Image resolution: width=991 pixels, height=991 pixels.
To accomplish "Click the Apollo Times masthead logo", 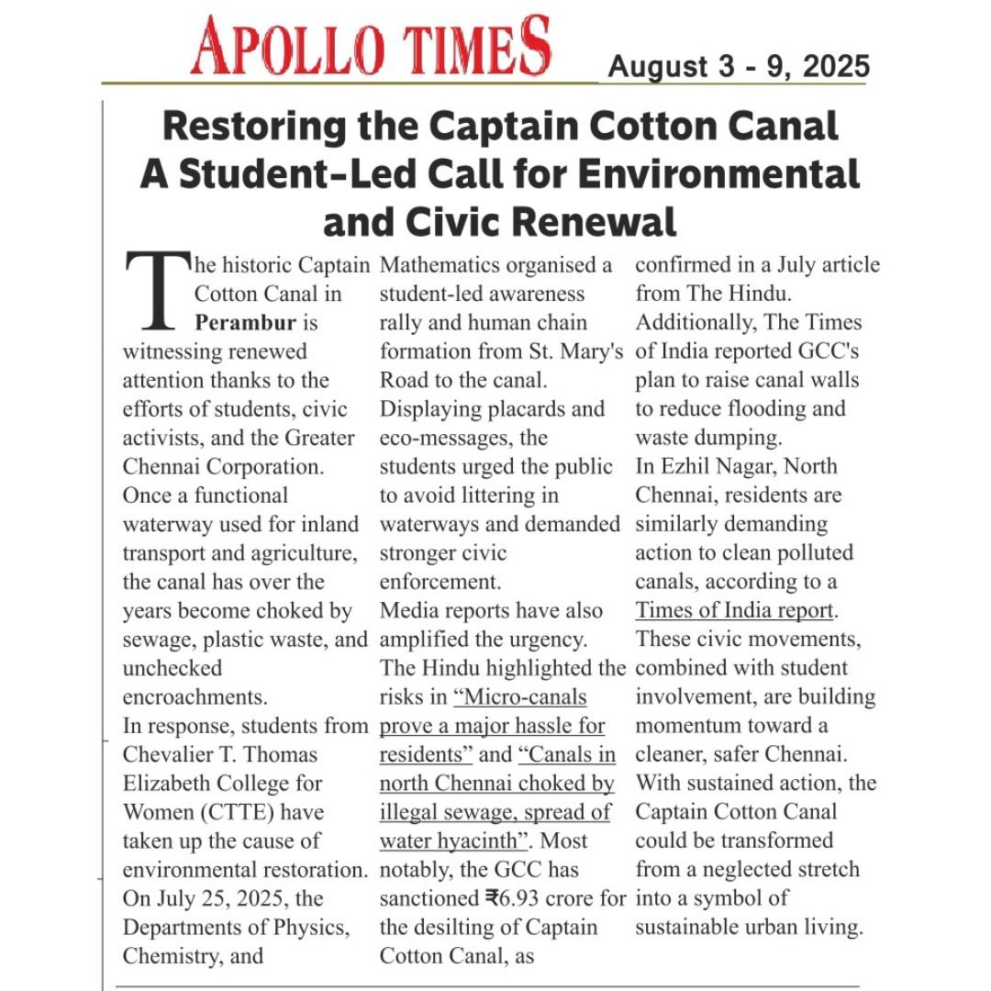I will (x=371, y=46).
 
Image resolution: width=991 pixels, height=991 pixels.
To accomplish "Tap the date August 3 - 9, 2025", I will (x=739, y=67).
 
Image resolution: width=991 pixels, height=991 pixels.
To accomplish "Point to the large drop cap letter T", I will (x=155, y=291).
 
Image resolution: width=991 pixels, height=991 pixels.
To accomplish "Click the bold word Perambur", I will (x=245, y=323).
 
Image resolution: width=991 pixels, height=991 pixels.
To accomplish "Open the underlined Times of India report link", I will (x=735, y=610).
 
